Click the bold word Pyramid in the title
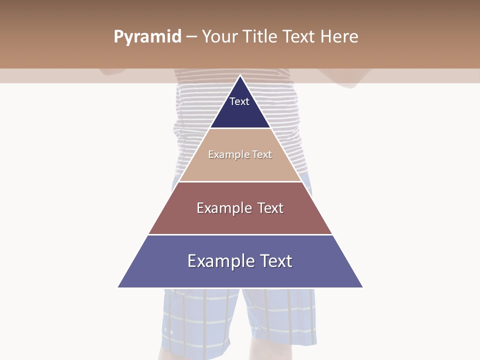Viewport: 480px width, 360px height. point(147,37)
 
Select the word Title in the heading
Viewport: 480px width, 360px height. point(260,37)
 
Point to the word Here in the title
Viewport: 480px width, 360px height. point(339,37)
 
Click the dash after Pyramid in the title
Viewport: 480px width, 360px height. point(191,37)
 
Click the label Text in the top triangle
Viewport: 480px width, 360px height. point(239,101)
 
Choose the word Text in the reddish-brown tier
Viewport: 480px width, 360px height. point(270,208)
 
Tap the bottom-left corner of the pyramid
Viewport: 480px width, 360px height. point(118,287)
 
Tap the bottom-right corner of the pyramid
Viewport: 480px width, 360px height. point(362,287)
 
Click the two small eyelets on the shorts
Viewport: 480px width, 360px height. point(168,331)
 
